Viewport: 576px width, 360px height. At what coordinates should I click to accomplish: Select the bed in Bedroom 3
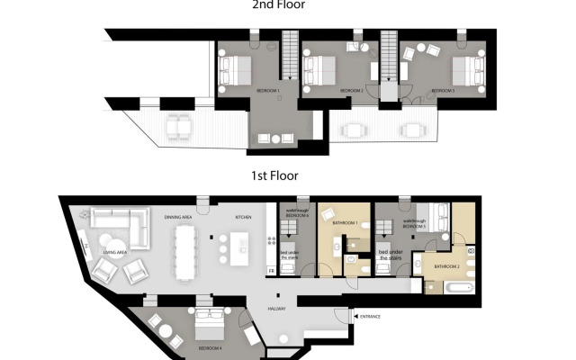463,69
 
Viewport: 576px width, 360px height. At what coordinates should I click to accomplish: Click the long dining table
186,249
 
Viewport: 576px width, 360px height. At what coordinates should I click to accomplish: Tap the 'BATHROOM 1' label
346,222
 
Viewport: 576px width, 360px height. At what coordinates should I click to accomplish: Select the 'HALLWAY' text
276,309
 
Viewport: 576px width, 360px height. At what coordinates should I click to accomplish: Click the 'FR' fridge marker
270,271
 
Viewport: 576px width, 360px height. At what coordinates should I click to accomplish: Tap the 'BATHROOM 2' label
447,266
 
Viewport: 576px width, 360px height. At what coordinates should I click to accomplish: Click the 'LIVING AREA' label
114,254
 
